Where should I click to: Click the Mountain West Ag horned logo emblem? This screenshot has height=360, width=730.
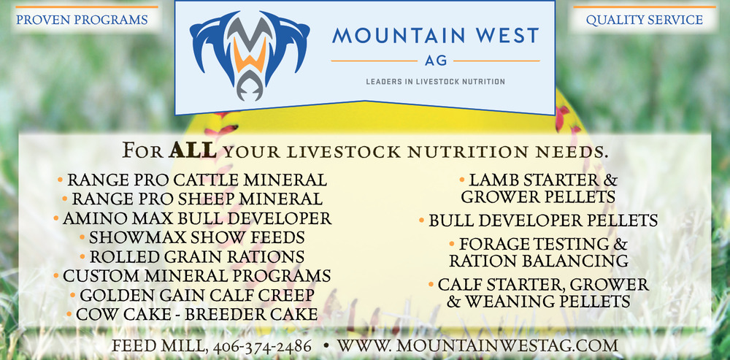[250, 54]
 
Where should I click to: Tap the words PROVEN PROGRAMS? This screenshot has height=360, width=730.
[82, 20]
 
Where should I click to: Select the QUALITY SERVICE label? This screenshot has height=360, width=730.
[645, 20]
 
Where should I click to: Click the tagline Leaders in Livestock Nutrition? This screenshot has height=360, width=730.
[435, 82]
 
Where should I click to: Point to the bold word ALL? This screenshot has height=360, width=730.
[192, 150]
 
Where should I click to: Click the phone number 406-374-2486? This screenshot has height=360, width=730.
[263, 346]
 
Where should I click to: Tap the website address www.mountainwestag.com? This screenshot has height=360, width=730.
[478, 345]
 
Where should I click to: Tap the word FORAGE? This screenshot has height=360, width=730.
[494, 245]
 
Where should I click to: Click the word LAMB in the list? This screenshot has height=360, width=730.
[491, 180]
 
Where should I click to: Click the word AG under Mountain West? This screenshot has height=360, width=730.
[435, 61]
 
